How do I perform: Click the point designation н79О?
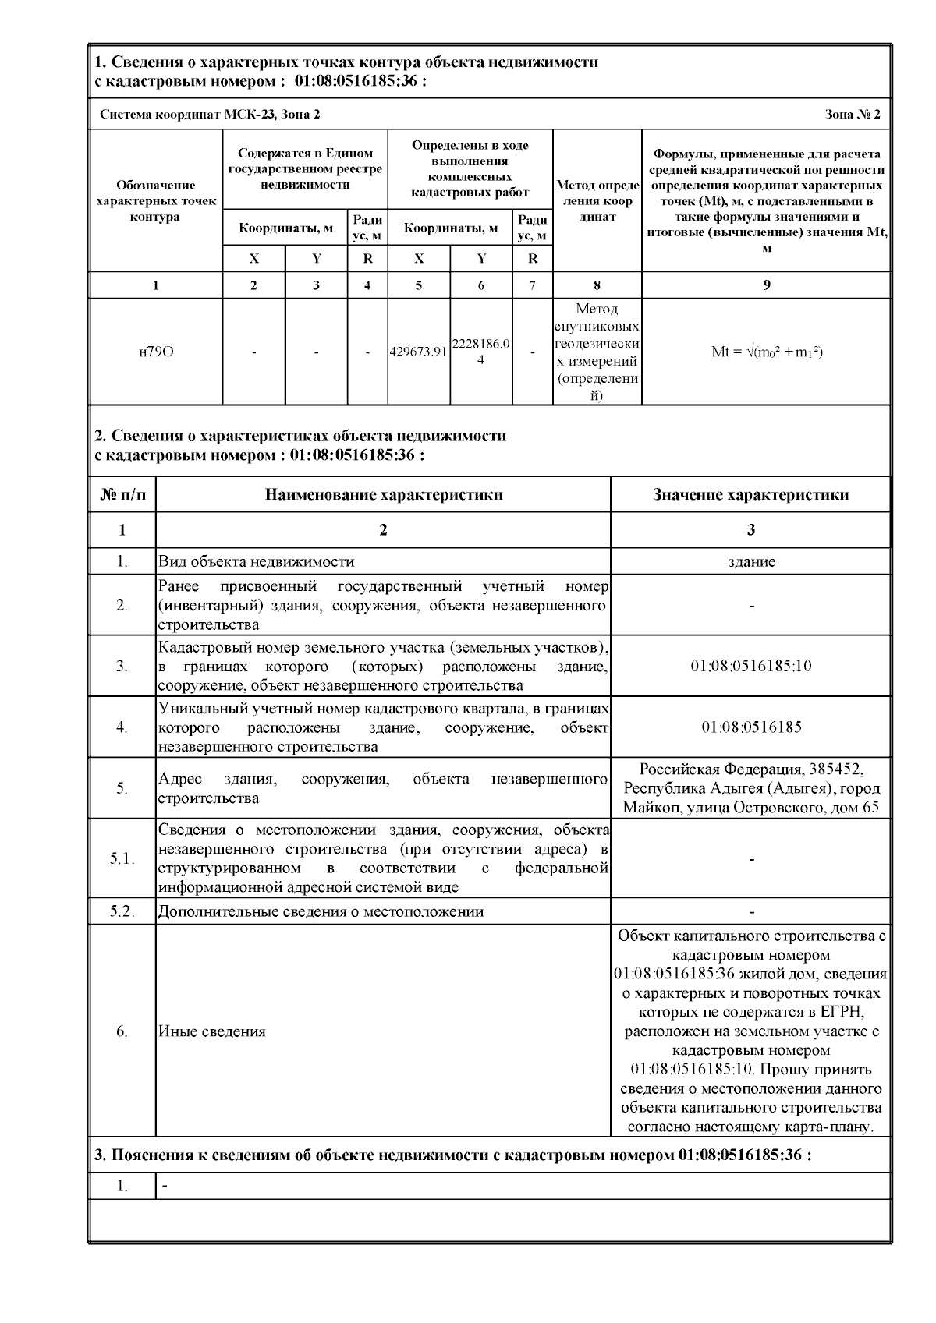tap(156, 352)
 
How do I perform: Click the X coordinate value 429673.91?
tap(419, 352)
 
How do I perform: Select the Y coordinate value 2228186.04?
tap(481, 352)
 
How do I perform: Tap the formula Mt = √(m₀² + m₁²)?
tap(767, 352)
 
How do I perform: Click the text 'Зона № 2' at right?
tap(853, 115)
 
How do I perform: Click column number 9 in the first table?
tap(767, 285)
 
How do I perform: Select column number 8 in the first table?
tap(597, 285)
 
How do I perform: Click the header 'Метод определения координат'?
tap(597, 201)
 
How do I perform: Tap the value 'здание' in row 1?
tap(750, 561)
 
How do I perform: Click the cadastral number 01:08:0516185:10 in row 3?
tap(750, 666)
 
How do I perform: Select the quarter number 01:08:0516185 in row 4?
tap(750, 727)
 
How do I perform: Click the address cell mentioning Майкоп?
tap(750, 787)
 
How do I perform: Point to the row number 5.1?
tap(122, 858)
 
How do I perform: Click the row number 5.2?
tap(122, 911)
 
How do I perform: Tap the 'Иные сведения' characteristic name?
tap(212, 1031)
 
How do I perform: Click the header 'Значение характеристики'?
tap(750, 494)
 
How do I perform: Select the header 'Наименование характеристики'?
tap(383, 494)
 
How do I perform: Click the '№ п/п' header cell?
tap(122, 494)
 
